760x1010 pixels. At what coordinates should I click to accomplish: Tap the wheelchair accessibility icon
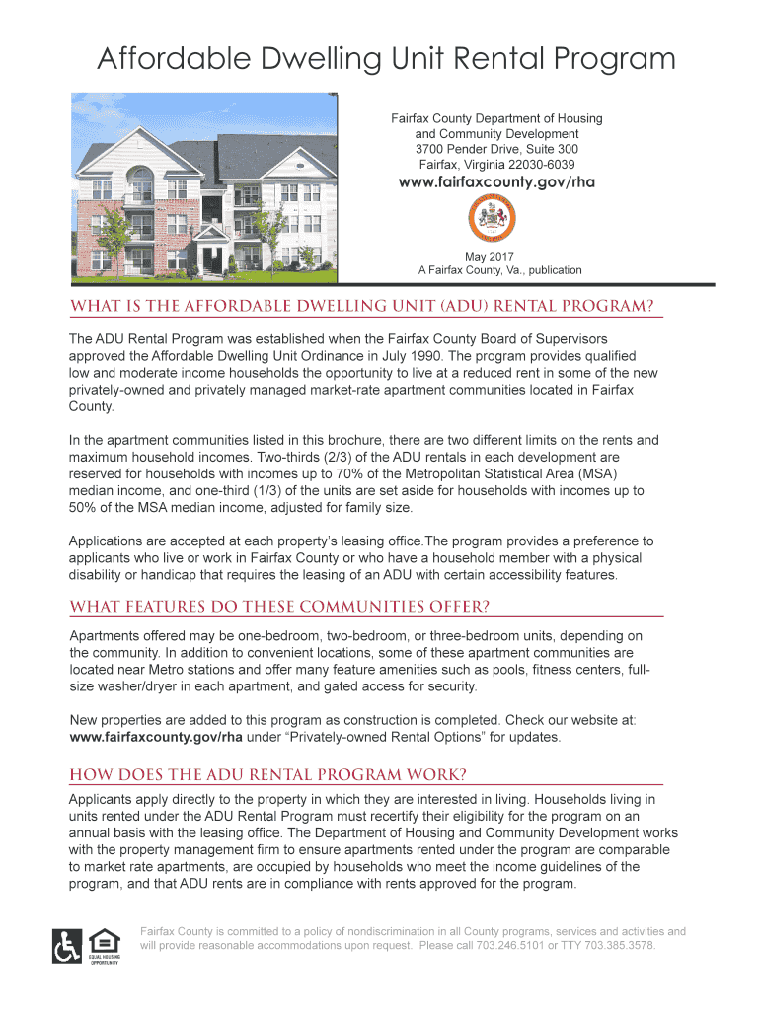67,946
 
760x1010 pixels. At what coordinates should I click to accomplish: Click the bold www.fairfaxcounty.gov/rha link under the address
495,182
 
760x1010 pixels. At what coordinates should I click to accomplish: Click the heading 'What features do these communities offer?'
279,605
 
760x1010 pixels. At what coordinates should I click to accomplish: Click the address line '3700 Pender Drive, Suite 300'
496,149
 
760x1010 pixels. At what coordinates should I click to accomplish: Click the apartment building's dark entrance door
210,259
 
